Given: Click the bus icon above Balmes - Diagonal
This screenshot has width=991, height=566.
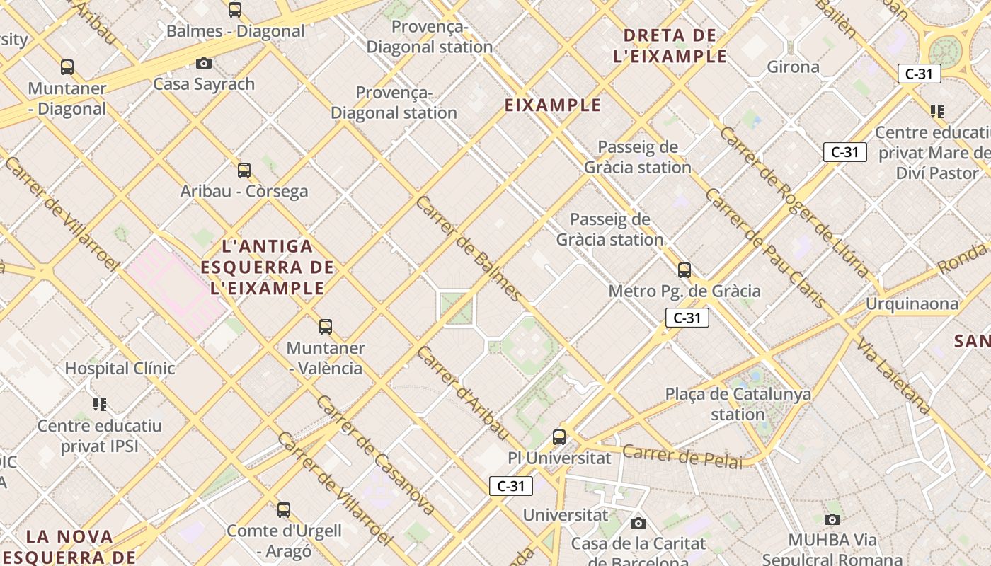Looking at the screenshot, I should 235,10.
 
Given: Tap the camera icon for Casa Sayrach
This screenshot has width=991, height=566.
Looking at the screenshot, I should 204,64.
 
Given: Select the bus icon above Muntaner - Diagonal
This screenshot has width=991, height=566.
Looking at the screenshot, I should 67,67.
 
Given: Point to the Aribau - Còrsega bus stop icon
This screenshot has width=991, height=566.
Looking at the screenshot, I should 244,171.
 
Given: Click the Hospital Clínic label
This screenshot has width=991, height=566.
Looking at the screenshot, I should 120,369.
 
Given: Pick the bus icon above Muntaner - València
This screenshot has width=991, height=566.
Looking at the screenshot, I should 326,327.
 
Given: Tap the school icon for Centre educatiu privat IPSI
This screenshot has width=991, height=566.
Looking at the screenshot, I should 100,405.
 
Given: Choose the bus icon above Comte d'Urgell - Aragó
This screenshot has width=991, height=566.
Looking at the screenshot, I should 284,509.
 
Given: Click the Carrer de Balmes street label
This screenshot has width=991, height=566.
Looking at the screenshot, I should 469,250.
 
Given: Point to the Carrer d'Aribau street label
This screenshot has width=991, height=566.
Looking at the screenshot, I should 463,393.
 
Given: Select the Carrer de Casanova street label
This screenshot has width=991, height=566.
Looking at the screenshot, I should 375,454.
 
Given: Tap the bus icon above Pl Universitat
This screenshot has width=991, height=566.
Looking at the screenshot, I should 559,437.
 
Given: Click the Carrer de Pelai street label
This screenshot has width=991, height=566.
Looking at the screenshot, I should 682,456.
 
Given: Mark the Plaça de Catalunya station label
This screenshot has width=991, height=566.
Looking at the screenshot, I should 738,404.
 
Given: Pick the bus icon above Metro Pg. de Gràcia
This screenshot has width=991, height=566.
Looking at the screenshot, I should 684,270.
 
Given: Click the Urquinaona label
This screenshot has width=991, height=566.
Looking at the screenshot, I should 912,304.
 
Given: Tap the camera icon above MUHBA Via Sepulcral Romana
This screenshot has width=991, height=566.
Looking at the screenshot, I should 832,520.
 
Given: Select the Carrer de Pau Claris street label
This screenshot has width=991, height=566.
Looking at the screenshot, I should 765,248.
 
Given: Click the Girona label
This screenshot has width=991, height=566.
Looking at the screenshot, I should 793,67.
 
